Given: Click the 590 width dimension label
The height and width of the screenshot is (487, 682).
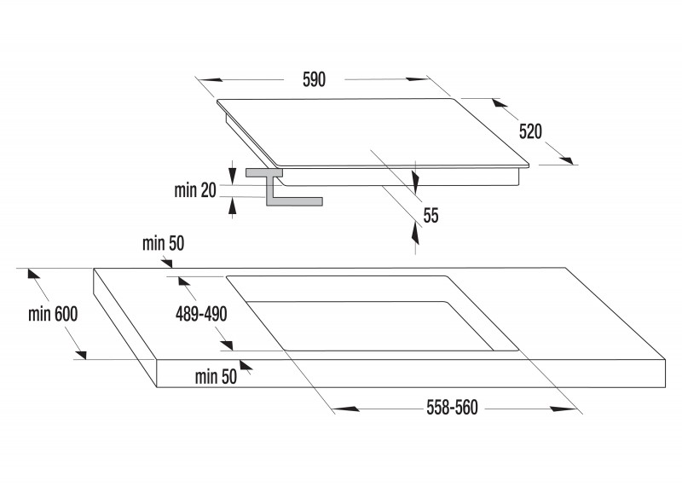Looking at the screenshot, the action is [314, 79].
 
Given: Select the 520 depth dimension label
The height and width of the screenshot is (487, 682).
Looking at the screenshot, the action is [530, 131].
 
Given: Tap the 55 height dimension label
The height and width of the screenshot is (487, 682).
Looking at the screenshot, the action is [431, 216].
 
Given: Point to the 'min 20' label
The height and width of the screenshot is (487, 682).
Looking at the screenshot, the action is [195, 190].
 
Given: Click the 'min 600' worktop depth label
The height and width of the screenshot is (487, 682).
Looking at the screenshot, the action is [53, 314].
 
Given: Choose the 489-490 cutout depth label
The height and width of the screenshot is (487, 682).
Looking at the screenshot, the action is [201, 314].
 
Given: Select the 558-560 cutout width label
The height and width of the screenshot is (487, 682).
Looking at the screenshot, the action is [453, 408].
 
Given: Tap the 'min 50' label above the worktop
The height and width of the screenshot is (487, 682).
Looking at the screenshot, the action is [164, 244].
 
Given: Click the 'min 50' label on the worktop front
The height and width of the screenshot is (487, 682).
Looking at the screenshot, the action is [217, 377].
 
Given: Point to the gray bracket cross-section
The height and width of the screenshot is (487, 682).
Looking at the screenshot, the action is [284, 187].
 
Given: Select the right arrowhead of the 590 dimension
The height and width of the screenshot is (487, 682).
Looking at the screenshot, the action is [418, 79].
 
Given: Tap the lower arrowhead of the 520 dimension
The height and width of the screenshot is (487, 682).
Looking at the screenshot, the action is [567, 159].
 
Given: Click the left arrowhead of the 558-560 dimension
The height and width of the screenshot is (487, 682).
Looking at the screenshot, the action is [347, 409].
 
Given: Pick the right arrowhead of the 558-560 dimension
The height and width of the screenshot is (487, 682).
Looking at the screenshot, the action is [563, 409].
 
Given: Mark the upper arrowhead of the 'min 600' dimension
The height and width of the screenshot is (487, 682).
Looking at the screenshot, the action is [34, 274].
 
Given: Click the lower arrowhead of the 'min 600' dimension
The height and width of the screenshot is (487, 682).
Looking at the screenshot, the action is [80, 354].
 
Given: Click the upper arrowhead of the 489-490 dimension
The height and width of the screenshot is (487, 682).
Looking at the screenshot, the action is [184, 281].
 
